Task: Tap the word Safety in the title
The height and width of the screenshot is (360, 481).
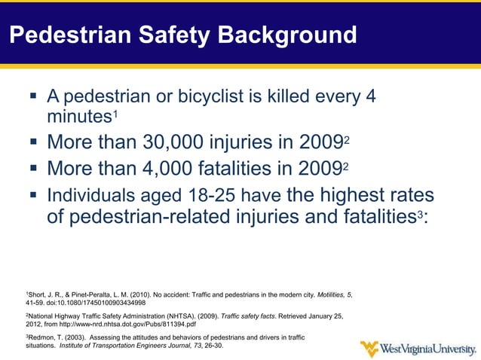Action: [158, 35]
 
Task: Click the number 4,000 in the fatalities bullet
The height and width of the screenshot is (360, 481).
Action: [174, 167]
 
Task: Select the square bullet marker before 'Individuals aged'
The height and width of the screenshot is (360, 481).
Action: [32, 194]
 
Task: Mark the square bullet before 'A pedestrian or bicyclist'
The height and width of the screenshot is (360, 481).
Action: [32, 96]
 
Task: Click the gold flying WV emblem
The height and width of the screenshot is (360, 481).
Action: [369, 349]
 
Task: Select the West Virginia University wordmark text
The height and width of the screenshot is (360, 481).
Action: [428, 349]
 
